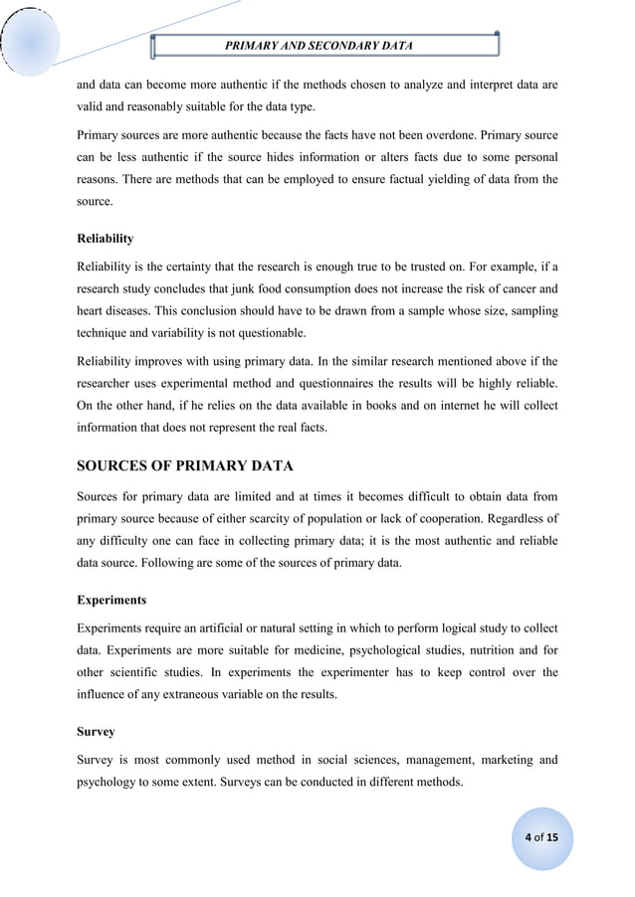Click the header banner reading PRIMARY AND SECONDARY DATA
coord(324,46)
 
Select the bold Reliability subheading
coord(105,240)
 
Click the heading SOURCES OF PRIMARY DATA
coord(184,465)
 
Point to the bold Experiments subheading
coord(110,601)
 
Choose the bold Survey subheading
coord(96,732)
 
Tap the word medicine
coord(311,649)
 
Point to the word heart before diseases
coord(93,312)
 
